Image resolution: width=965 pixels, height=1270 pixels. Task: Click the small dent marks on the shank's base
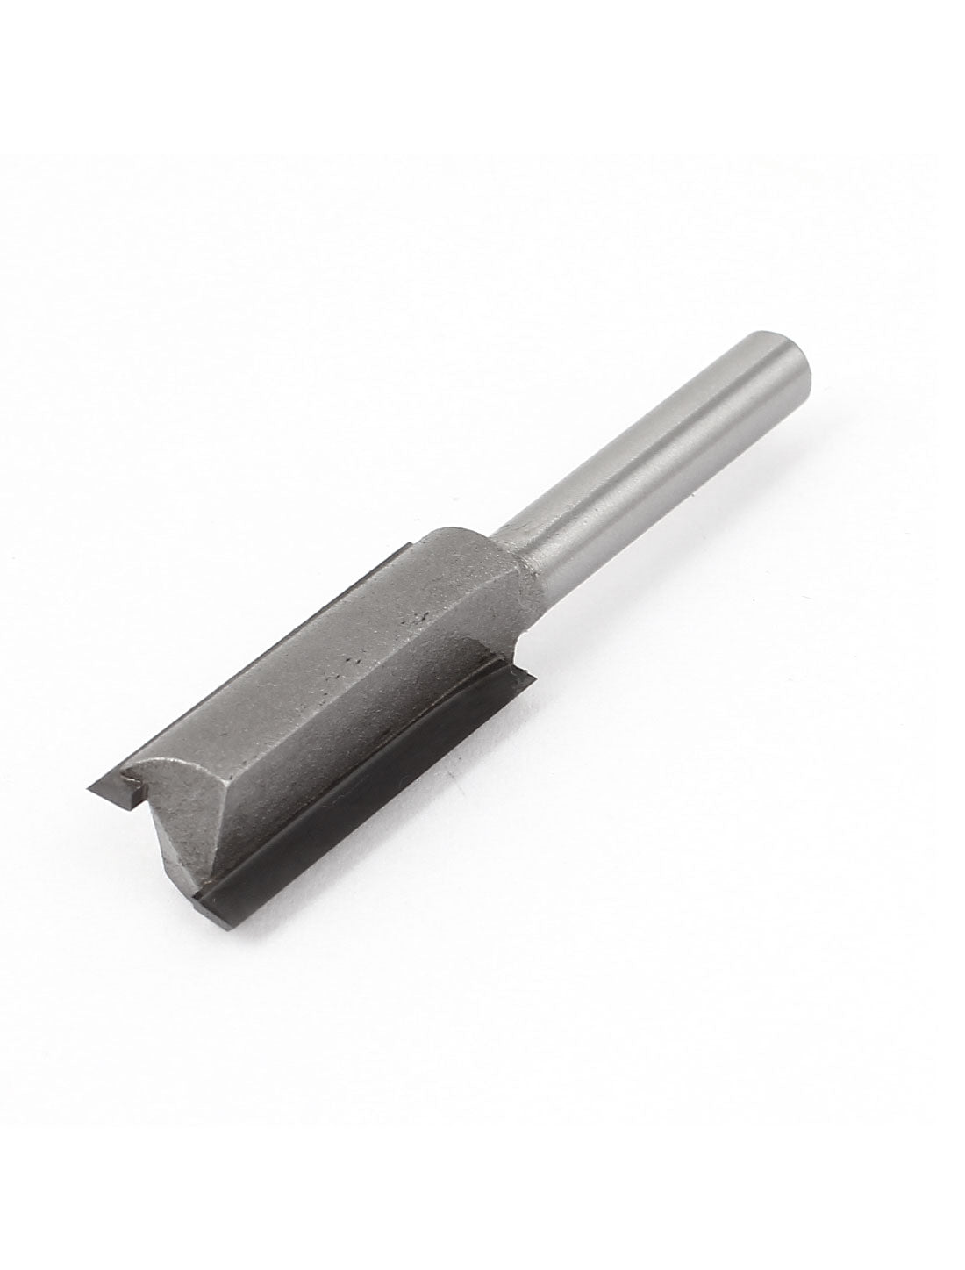526,606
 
